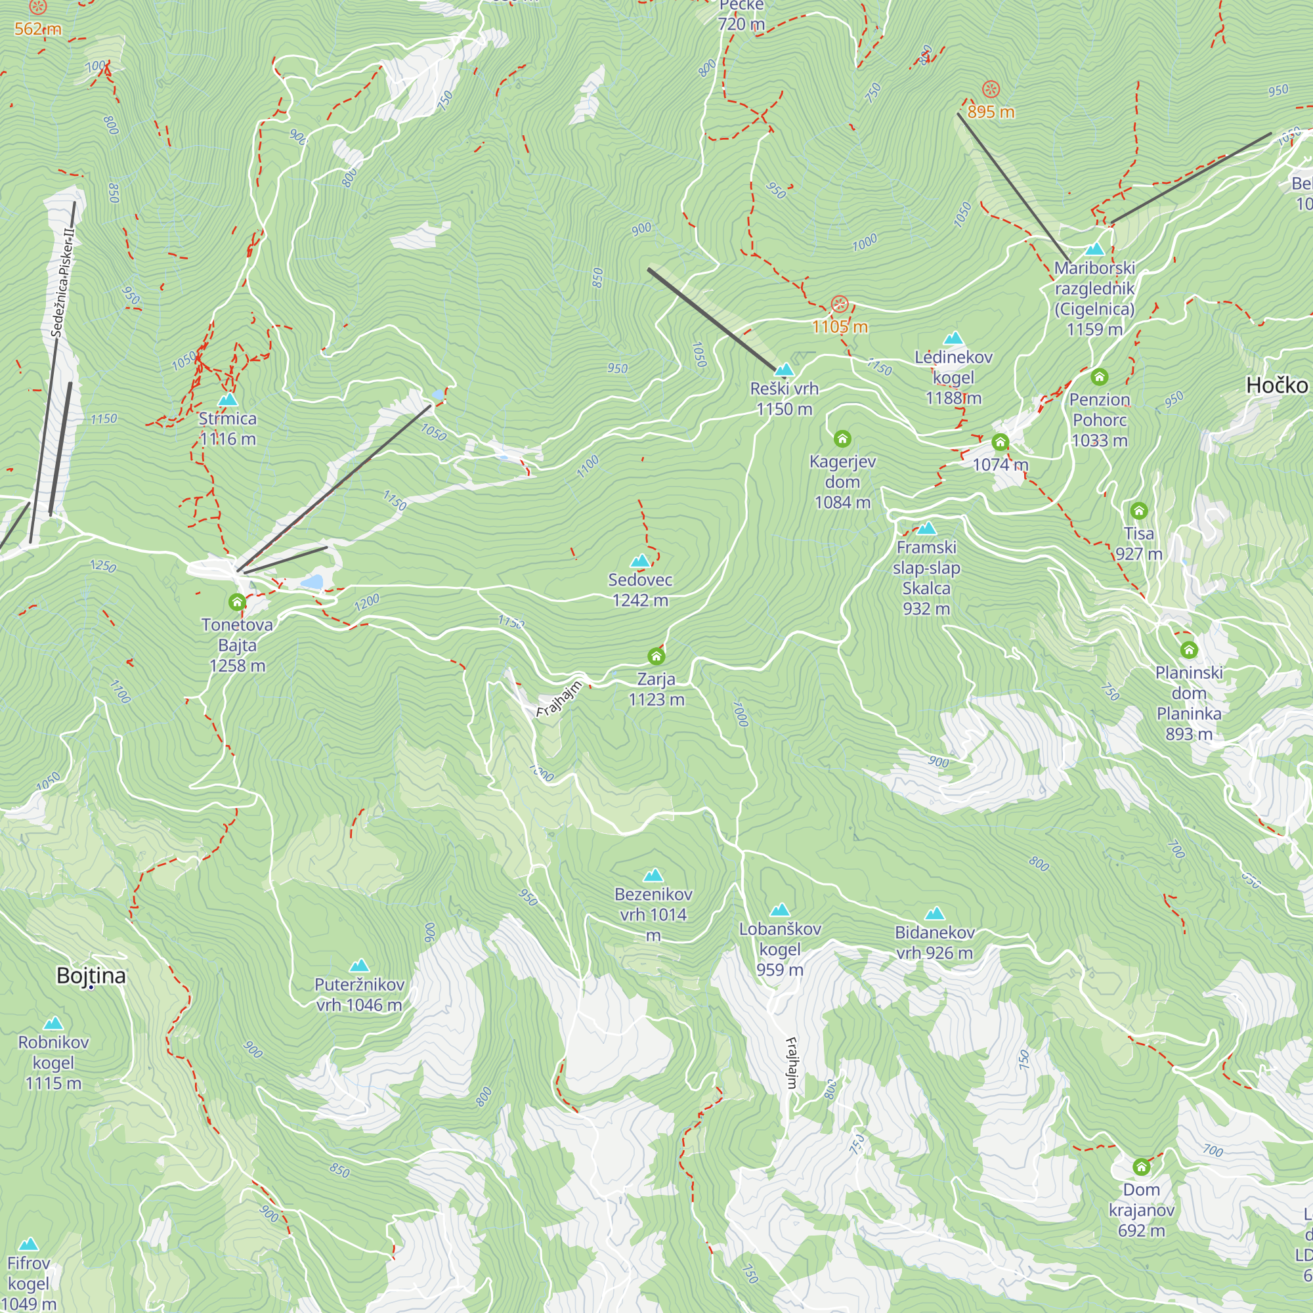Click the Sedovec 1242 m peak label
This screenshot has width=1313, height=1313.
pos(640,590)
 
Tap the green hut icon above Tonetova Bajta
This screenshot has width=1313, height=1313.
pos(236,602)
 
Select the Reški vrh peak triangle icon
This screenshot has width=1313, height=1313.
pos(785,370)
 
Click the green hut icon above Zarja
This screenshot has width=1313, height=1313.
pos(656,656)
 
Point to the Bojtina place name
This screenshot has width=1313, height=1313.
pos(91,976)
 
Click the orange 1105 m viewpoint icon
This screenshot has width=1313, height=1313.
pos(840,304)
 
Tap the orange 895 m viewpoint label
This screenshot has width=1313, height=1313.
pos(990,112)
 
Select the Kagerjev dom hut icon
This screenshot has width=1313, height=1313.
pos(842,439)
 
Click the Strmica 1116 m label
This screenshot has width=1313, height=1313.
pos(228,429)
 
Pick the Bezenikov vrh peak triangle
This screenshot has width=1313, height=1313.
pos(653,874)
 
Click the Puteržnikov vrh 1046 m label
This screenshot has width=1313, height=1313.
pos(360,994)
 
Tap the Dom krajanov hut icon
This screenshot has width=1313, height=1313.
pos(1141,1167)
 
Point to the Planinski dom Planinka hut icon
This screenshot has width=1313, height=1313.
pos(1189,650)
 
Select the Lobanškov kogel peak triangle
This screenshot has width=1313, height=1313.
pos(780,909)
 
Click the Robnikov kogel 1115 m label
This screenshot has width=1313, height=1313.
pos(53,1062)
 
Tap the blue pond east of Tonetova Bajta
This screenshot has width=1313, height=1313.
pos(312,582)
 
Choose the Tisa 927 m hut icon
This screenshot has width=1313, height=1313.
pos(1139,510)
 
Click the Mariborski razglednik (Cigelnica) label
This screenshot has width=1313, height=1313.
pos(1094,298)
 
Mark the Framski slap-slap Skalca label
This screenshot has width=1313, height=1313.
pos(926,578)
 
